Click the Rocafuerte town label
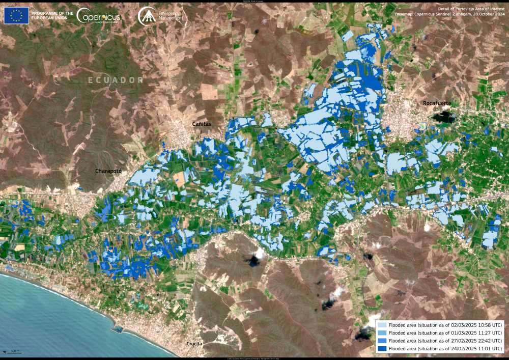pyautogui.click(x=437, y=103)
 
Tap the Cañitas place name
pyautogui.click(x=202, y=124)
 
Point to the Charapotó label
pyautogui.click(x=108, y=171)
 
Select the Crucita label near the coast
pyautogui.click(x=194, y=344)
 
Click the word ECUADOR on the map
pyautogui.click(x=116, y=80)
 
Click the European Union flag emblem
pyautogui.click(x=16, y=16)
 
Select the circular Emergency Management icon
pyautogui.click(x=147, y=16)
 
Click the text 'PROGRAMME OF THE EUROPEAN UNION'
pyautogui.click(x=52, y=16)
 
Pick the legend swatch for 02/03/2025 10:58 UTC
pyautogui.click(x=382, y=325)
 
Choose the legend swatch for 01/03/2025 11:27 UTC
pyautogui.click(x=382, y=333)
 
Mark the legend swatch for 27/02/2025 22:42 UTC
pyautogui.click(x=382, y=341)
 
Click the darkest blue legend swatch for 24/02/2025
pyautogui.click(x=382, y=349)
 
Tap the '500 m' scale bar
pyautogui.click(x=15, y=351)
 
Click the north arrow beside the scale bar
pyautogui.click(x=5, y=351)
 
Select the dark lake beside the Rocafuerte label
pyautogui.click(x=444, y=117)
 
